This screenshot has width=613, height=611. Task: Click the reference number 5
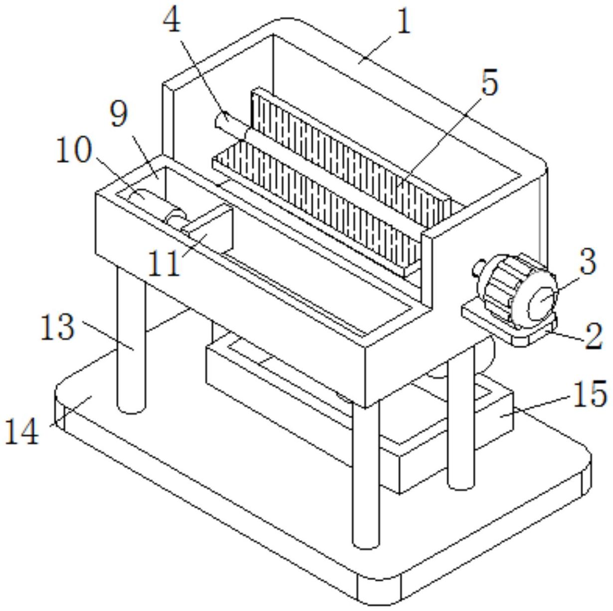pos(489,83)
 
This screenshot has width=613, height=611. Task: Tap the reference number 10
pos(74,150)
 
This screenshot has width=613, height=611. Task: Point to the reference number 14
pos(22,431)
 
